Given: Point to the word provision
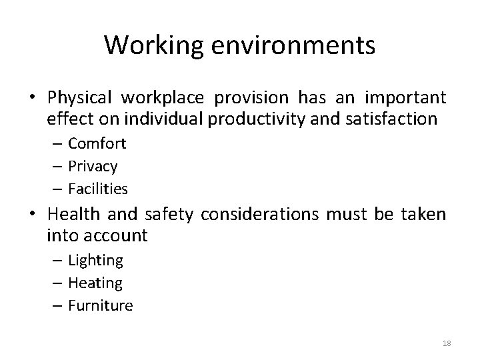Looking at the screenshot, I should (x=251, y=98).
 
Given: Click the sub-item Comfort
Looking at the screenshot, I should (x=97, y=143).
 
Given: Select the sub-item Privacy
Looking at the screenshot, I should (x=93, y=166).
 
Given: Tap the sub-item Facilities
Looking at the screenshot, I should (x=97, y=189).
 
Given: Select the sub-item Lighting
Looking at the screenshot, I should (x=95, y=260).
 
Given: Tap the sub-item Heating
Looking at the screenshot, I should (x=95, y=283).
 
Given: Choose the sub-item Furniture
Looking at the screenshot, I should (x=101, y=305).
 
